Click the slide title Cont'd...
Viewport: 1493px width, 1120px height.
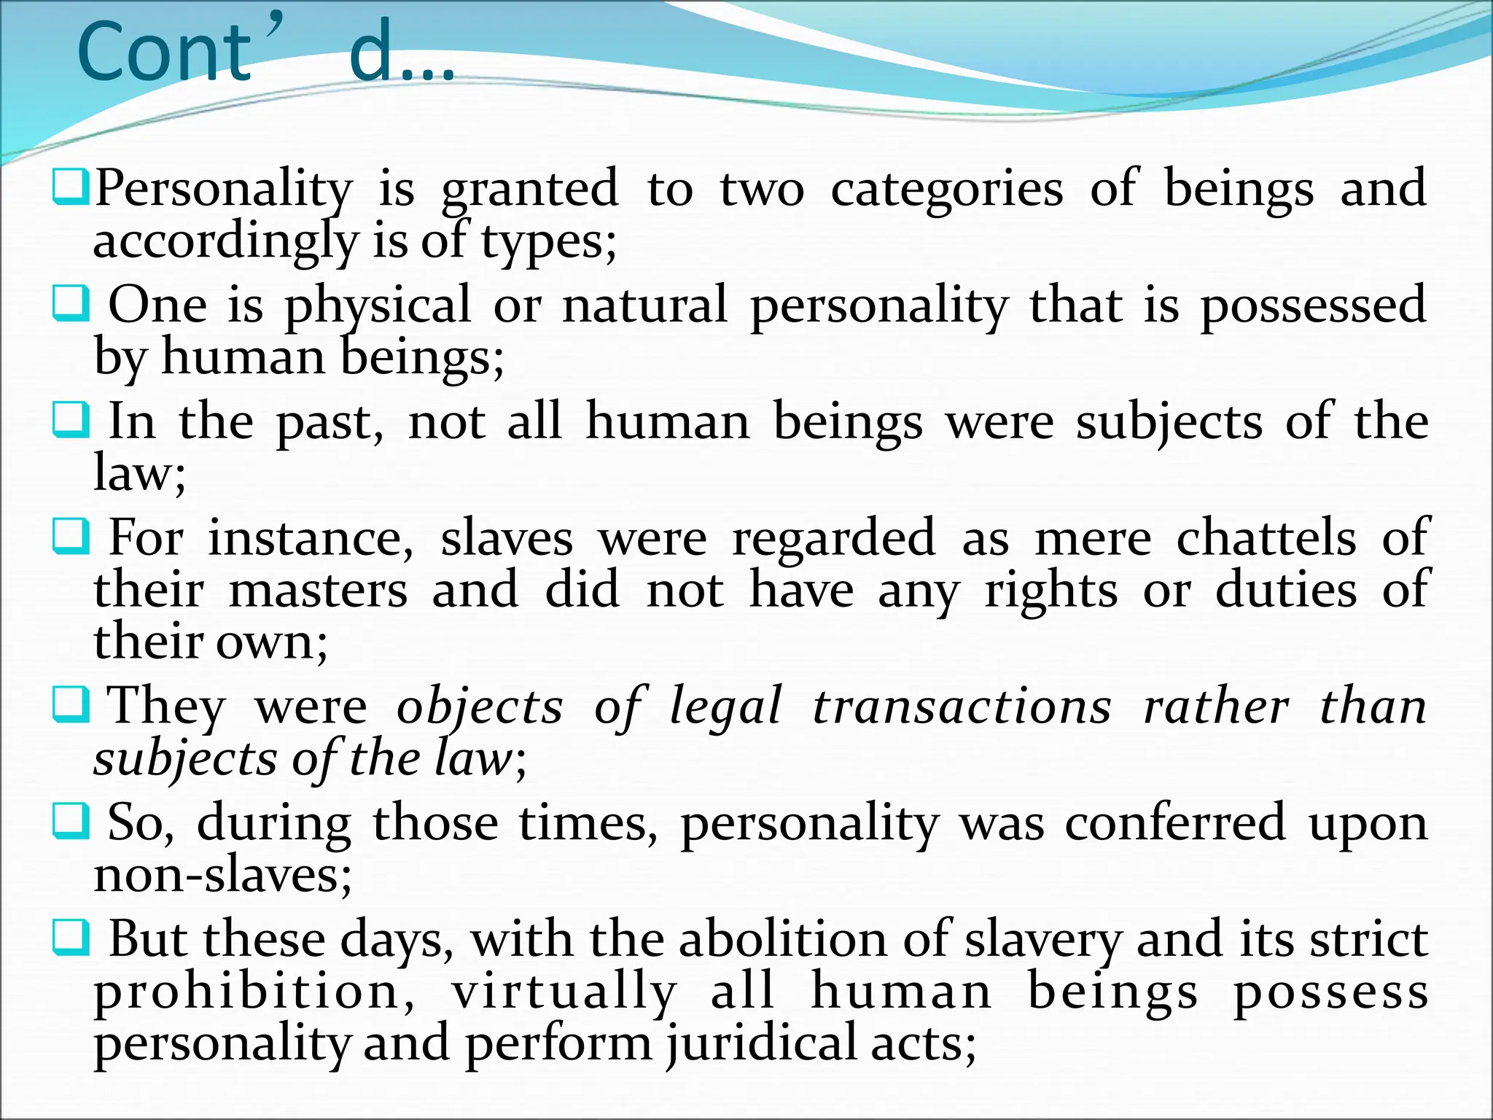tap(266, 52)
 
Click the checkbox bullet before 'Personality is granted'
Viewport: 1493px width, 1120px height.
tap(71, 187)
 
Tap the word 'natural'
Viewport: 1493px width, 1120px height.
tap(645, 305)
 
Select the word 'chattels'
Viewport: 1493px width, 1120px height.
tap(1266, 538)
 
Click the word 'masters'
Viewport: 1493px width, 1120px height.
tap(318, 591)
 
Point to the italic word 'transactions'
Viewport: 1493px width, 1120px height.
tap(962, 707)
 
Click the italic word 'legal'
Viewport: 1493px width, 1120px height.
tap(726, 707)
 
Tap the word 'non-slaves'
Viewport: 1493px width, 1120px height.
tap(222, 875)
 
